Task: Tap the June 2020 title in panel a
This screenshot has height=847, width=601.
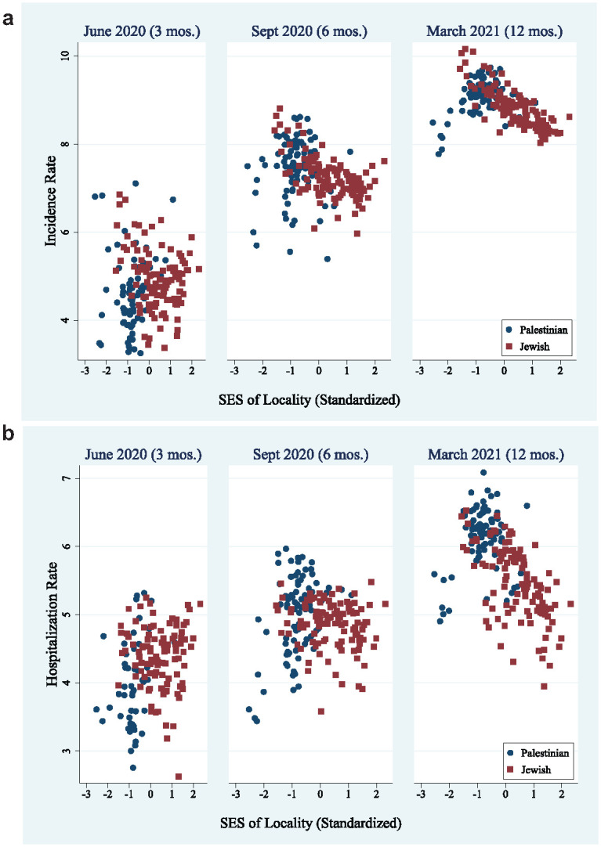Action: (139, 31)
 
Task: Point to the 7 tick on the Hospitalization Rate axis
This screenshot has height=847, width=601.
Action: (67, 478)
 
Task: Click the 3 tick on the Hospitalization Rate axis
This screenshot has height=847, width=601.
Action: (67, 751)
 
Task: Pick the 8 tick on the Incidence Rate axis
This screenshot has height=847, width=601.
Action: (67, 145)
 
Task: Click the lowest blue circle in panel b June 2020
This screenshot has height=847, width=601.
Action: (133, 767)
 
